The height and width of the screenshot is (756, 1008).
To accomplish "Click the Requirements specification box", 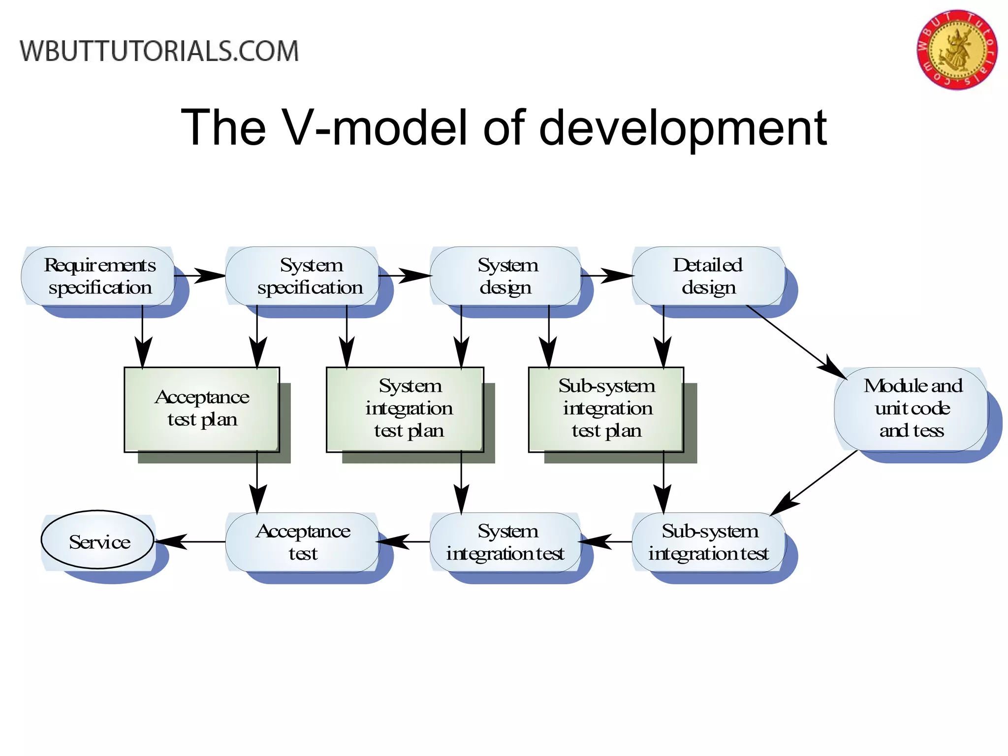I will point(98,276).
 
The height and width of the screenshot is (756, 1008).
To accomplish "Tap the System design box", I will point(506,276).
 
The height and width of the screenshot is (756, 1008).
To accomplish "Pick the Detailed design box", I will point(708,276).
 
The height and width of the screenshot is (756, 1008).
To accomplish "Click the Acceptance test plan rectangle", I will point(202,409).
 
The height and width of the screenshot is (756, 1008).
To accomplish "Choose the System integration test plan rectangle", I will point(405,409).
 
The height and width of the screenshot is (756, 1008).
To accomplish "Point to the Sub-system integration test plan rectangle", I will point(606,409).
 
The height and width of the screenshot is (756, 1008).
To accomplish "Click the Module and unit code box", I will point(911,409).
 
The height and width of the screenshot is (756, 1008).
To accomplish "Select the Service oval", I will point(98,540).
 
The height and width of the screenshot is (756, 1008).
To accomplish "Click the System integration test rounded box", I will point(506,542).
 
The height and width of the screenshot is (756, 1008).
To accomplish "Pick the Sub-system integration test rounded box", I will point(708,542).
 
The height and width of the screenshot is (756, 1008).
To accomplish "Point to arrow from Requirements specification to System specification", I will point(199,276).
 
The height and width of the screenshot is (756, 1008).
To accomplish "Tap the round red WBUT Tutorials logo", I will point(957,50).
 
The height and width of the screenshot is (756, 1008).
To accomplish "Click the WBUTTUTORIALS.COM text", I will point(159,51).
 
